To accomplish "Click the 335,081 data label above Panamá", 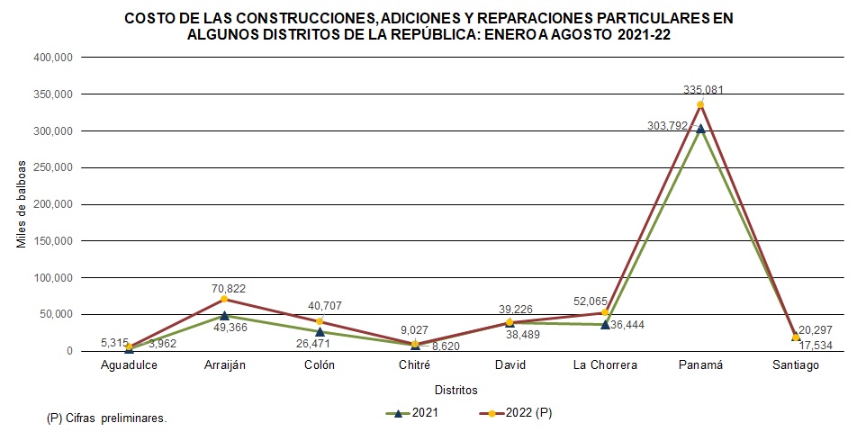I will [x=703, y=90].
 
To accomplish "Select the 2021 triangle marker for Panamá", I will [x=700, y=128].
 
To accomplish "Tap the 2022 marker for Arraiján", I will [x=224, y=299].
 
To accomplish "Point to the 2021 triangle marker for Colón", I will [x=320, y=331].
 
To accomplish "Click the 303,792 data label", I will [x=668, y=126].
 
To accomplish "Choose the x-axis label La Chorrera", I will [x=605, y=365].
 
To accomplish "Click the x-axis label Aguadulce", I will [x=129, y=365].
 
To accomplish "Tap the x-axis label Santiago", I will [x=796, y=365].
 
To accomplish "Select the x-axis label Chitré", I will [x=415, y=365].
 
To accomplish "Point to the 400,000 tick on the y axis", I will [x=53, y=58].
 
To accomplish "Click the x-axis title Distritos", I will [x=456, y=390].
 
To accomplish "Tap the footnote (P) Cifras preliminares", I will [x=106, y=418].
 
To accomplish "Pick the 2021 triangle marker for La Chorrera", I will [x=605, y=324].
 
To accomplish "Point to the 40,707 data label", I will [x=324, y=306].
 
